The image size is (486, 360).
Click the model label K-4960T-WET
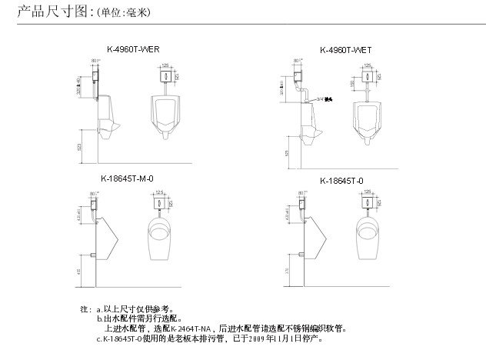[345, 49]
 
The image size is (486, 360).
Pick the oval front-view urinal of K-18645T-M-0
[161, 235]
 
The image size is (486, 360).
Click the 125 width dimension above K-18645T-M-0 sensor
[160, 192]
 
